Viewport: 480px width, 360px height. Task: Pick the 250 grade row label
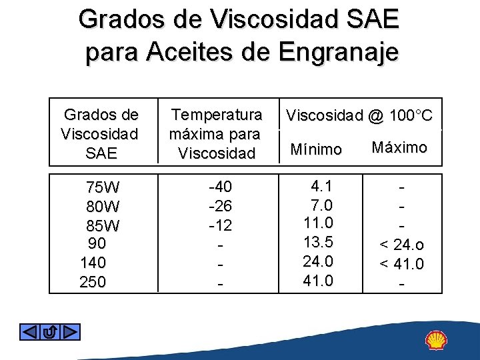click(93, 282)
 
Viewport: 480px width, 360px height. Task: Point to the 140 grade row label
click(93, 263)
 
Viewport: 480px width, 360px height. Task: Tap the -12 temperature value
click(220, 225)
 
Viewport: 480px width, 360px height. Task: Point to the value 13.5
click(319, 241)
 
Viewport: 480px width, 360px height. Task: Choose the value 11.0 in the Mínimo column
click(319, 222)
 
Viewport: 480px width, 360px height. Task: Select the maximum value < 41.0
click(401, 265)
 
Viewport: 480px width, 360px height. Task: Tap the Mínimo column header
click(316, 150)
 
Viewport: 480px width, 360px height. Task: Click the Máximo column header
click(399, 147)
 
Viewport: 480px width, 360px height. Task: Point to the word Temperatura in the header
click(217, 114)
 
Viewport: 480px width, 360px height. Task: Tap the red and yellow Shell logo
click(437, 341)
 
